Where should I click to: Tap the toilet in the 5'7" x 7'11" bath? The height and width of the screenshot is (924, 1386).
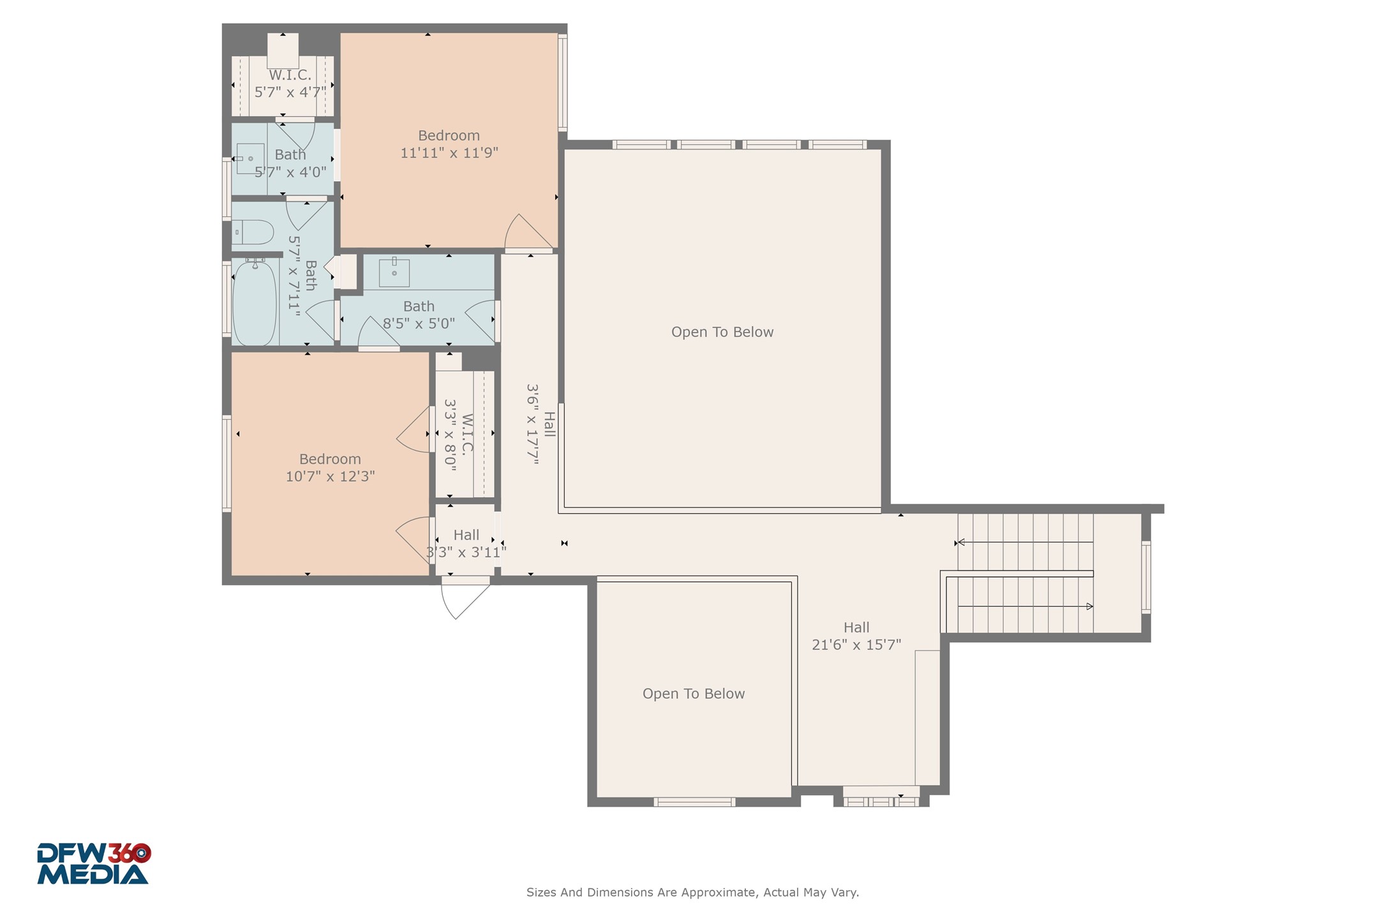(x=253, y=232)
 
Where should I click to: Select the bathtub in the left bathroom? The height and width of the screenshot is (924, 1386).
(x=255, y=303)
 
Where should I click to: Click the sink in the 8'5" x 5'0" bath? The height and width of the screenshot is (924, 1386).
(x=394, y=272)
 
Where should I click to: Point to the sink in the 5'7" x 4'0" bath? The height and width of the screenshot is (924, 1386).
(x=250, y=158)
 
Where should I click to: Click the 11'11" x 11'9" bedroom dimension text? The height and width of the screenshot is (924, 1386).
(x=449, y=153)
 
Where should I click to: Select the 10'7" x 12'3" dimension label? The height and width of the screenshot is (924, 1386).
(x=330, y=477)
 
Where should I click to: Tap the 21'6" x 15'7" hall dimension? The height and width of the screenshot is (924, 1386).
(x=856, y=645)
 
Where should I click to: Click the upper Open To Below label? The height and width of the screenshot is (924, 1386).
(x=722, y=332)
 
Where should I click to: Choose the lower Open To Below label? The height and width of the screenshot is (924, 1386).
(x=693, y=694)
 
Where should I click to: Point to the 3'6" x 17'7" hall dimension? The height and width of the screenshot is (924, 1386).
(x=533, y=424)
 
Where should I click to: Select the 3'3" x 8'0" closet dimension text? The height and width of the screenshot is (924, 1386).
(x=451, y=435)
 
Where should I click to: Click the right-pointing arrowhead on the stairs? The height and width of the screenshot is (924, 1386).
(x=1090, y=606)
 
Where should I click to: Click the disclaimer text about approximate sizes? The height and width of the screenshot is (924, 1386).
(x=692, y=892)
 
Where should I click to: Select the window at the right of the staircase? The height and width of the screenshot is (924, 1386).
(x=1146, y=577)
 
